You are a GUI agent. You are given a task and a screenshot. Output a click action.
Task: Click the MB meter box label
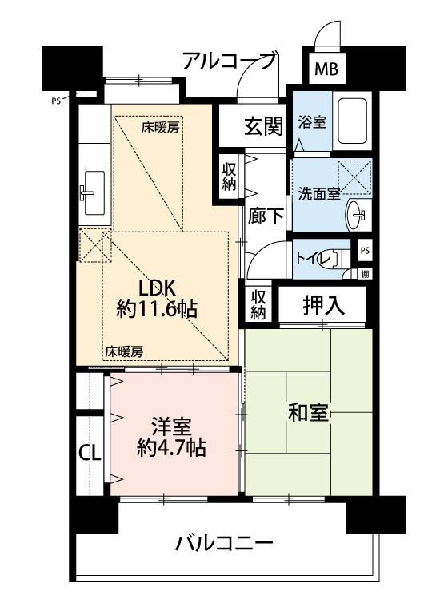[x=326, y=69]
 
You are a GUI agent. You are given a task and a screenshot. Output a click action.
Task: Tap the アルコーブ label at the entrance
[x=230, y=61]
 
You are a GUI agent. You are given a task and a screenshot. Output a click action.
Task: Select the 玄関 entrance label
[x=264, y=125]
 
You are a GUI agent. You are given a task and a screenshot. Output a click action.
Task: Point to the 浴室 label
[x=312, y=122]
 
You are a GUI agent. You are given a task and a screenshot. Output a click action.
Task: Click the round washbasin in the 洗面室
[x=355, y=215]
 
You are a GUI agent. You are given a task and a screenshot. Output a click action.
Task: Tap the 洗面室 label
[x=319, y=194]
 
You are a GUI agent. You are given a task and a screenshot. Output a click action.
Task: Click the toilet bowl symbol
[x=337, y=259]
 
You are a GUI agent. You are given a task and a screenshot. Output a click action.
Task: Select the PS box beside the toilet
[x=365, y=251]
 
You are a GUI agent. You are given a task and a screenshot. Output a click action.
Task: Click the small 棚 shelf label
[x=365, y=273]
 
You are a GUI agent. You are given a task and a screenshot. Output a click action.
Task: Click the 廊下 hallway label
[x=266, y=216]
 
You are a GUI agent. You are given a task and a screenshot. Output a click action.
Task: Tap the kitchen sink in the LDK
[x=94, y=192]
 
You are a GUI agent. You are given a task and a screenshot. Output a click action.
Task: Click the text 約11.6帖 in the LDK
[x=157, y=308]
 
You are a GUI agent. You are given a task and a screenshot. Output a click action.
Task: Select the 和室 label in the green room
[x=308, y=413]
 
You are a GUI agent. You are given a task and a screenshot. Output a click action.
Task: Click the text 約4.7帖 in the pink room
[x=171, y=447]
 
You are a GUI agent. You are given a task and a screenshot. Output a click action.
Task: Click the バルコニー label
[x=224, y=543]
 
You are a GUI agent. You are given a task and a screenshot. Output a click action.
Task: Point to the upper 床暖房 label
[x=160, y=128]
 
